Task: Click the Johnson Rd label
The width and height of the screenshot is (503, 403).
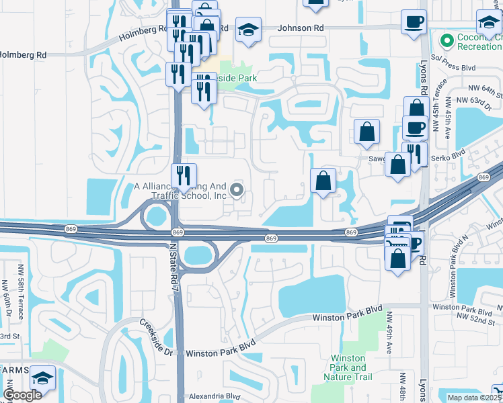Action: pos(300,28)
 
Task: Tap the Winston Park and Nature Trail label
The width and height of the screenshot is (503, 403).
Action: pos(348,368)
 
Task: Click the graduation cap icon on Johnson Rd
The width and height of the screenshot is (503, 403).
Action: pos(248,30)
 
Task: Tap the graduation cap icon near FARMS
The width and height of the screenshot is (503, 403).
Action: pos(43,378)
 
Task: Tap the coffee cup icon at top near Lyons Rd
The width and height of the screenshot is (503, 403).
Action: pos(414,21)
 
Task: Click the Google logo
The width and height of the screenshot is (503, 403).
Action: pos(22,395)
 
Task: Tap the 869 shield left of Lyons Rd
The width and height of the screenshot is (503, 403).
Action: pos(351,232)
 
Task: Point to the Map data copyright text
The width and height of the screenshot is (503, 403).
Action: pos(475,398)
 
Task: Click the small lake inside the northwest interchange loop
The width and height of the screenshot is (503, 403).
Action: pos(156,216)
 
